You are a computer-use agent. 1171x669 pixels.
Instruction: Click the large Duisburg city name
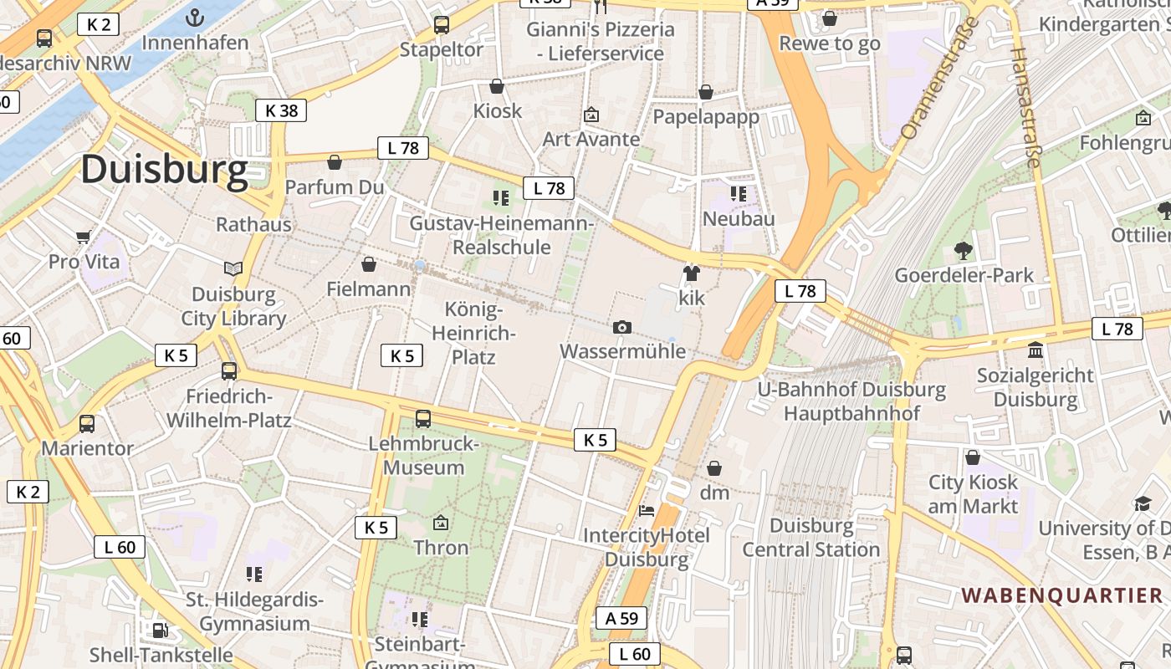point(164,170)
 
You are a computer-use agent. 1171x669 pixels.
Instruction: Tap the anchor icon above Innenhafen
point(195,18)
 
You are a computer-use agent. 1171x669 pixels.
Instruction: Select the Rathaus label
point(253,224)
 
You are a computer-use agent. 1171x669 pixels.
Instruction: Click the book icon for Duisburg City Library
point(233,268)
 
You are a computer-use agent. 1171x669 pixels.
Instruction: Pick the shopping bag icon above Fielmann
point(368,265)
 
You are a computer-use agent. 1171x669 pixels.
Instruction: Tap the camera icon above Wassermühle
point(621,327)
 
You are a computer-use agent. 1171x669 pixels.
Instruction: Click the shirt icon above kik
point(691,273)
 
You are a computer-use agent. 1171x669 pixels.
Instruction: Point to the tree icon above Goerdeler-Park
point(964,249)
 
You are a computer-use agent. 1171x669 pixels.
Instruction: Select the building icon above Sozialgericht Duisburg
point(1035,350)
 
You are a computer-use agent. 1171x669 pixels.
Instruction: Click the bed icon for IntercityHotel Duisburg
point(647,510)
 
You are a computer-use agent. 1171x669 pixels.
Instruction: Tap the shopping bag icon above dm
point(714,467)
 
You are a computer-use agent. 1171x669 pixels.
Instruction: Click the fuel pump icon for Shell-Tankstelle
point(160,630)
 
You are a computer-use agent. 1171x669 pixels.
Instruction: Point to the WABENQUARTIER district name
point(1061,595)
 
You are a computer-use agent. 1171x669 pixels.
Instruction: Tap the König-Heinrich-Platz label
point(473,334)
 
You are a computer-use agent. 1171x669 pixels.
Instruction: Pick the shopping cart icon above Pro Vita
point(83,237)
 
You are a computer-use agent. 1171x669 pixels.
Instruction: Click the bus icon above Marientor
point(87,424)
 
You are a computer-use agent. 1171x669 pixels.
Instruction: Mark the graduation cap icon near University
point(1143,503)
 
